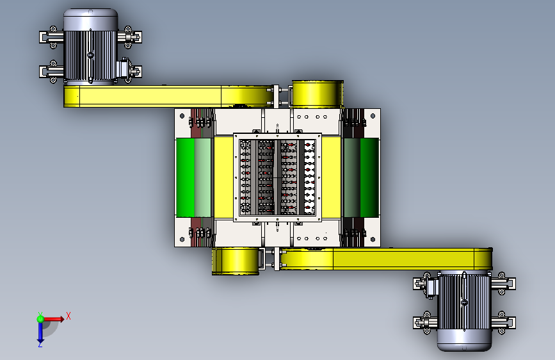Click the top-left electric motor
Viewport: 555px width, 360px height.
(91, 46)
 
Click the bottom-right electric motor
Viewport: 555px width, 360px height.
(464, 311)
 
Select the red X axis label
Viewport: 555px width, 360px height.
(68, 316)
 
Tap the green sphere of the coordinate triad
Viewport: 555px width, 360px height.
(40, 319)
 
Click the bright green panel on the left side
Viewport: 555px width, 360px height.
(185, 177)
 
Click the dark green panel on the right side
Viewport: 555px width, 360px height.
(369, 177)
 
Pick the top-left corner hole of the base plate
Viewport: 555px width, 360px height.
(182, 116)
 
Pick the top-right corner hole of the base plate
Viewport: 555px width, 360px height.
(373, 116)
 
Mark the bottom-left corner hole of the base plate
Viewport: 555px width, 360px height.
(182, 240)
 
